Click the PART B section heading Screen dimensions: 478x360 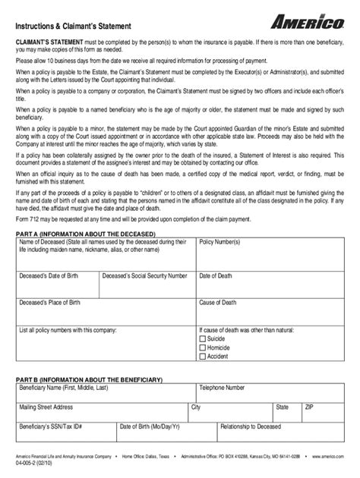[x=95, y=379]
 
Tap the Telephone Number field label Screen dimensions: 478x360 [x=223, y=388]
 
